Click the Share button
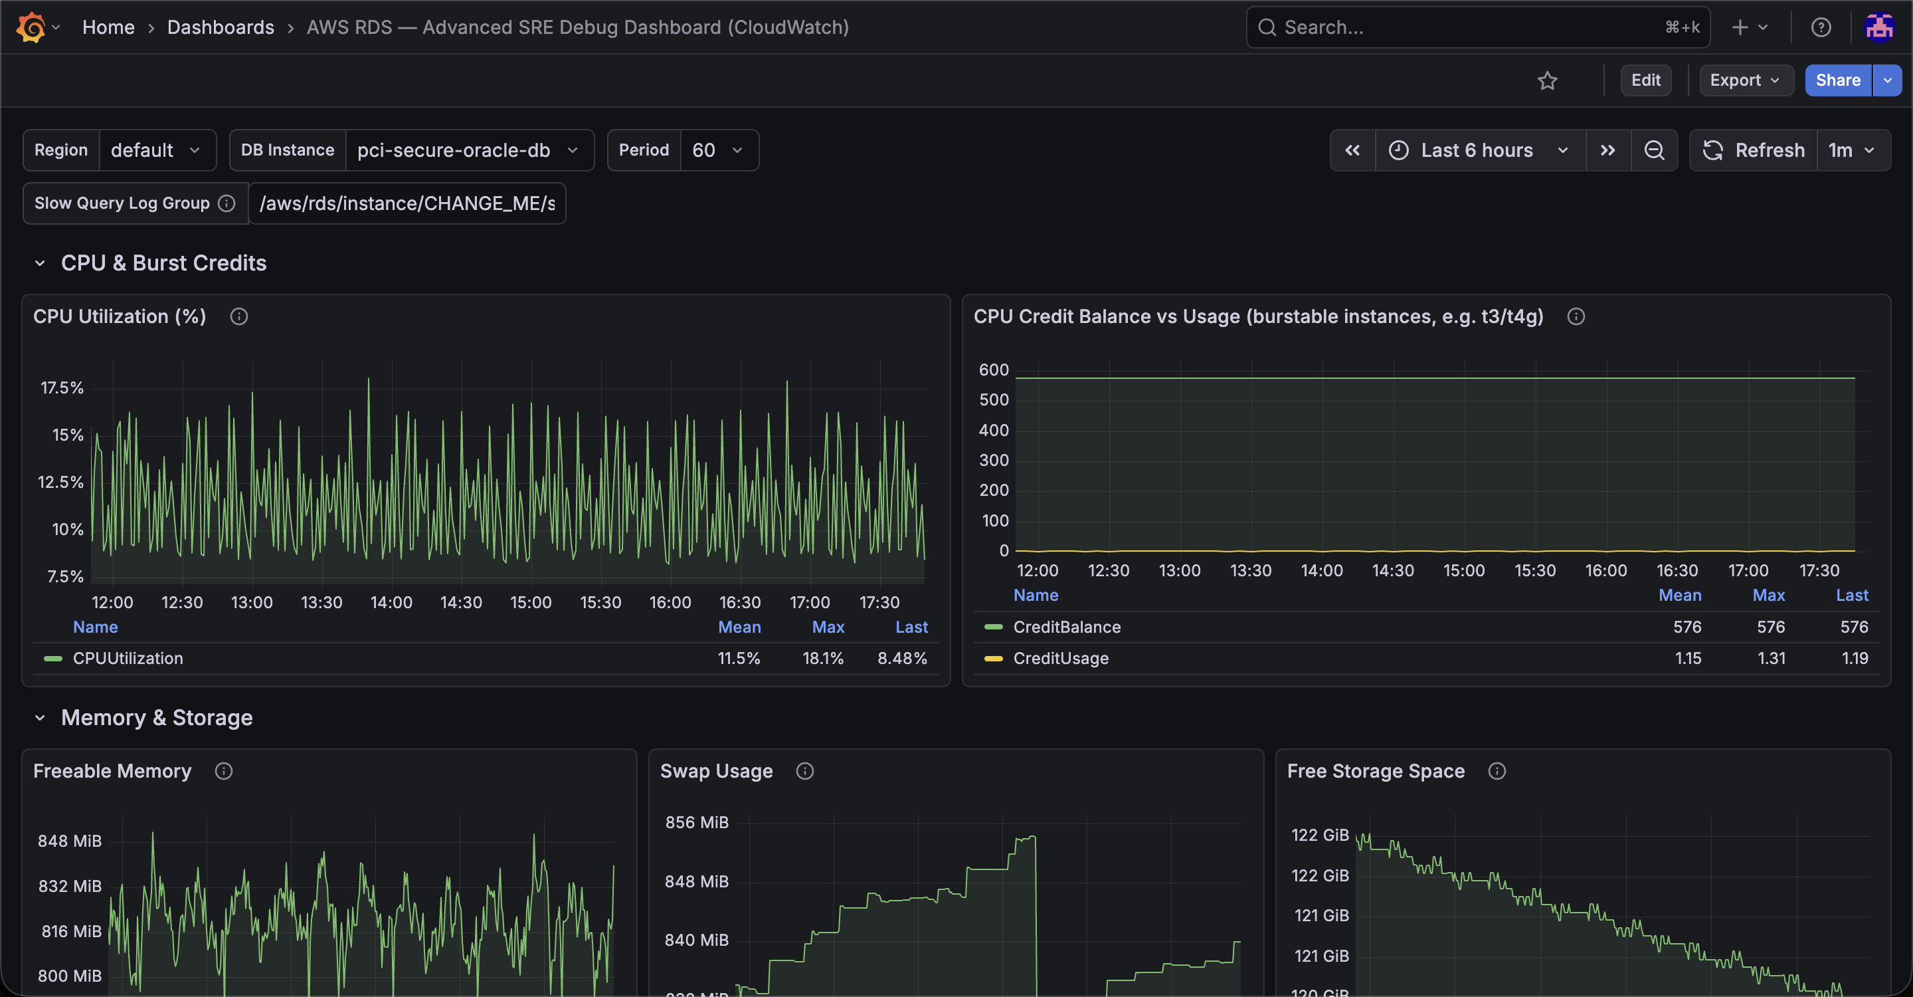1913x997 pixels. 1838,80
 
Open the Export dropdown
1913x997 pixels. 1746,80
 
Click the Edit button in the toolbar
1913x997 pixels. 1646,80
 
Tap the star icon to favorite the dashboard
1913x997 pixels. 1547,80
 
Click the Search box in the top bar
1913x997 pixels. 1478,27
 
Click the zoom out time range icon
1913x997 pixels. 1654,150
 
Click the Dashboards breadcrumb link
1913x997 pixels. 221,27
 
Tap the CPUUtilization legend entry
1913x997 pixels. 128,658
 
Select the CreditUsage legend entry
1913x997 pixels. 1061,658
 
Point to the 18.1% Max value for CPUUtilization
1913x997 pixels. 823,658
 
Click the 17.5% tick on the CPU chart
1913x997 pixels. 62,388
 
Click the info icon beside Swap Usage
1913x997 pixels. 804,771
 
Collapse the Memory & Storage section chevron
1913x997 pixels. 40,718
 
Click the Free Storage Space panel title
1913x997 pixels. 1376,771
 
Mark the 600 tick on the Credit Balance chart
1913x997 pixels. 994,370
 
